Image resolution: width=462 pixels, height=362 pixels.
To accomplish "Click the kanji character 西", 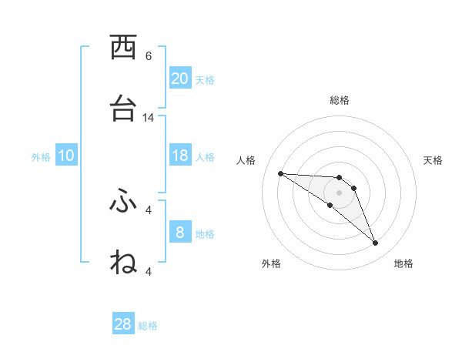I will (123, 48).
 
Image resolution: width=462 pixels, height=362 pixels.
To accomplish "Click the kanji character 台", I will (123, 109).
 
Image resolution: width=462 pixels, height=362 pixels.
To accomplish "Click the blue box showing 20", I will (180, 79).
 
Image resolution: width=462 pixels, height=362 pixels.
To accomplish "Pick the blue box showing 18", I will (180, 156).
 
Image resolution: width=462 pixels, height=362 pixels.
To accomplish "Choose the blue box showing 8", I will (180, 233).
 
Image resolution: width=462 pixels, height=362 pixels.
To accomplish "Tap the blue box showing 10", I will (66, 156).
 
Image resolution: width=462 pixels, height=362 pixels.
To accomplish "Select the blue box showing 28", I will (123, 324).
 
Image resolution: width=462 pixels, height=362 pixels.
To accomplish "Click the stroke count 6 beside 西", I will (149, 56).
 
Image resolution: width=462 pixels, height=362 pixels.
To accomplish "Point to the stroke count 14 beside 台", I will (149, 118).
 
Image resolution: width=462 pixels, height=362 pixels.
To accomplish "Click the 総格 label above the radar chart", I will (340, 100).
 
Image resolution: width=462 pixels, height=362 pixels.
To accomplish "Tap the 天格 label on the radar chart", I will (433, 160).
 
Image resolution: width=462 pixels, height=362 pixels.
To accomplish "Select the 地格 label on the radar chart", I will (403, 263).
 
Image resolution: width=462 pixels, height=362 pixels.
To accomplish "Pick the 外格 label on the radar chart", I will (270, 263).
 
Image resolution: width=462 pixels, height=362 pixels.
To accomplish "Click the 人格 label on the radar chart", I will (246, 160).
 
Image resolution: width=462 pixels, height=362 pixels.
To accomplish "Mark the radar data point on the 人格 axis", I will (280, 173).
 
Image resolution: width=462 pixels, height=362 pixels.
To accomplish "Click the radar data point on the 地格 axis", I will (376, 243).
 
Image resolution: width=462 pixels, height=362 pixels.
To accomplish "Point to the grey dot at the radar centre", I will (339, 193).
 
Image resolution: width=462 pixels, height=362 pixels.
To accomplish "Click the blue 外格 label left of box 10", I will (41, 156).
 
